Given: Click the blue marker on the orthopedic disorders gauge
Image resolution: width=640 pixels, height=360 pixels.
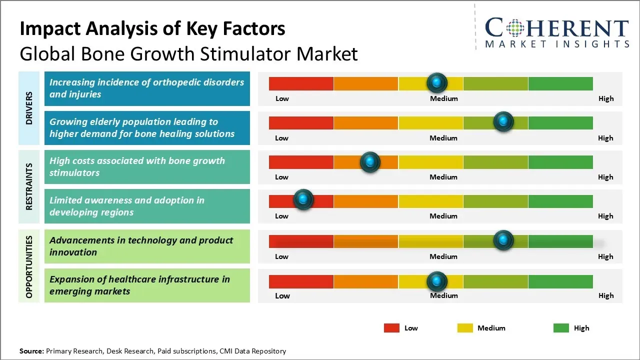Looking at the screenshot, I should coord(437,82).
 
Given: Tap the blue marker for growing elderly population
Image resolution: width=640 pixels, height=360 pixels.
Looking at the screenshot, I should coord(503,122).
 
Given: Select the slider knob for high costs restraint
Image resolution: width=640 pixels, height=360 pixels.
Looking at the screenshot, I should coord(370,161).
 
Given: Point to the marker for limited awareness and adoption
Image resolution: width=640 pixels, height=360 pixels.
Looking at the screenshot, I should coord(303,199).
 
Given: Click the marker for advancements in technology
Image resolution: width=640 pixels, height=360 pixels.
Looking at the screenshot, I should coord(503,240).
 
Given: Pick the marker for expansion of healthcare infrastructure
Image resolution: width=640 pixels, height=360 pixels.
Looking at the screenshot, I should coord(437,281).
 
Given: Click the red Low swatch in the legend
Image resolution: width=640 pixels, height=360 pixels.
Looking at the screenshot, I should coord(391,328).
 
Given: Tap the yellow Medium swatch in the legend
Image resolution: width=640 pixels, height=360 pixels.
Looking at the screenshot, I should coord(465,328).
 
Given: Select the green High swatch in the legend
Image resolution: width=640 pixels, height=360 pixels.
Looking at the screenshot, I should coord(561,328).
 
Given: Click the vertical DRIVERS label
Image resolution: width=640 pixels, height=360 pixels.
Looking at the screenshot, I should coord(29,108).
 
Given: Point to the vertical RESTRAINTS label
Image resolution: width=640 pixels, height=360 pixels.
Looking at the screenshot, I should coord(29,186).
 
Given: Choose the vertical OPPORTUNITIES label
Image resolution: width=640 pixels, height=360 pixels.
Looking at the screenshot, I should coord(29,266).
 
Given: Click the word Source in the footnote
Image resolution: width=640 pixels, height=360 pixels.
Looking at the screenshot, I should coord(31,351).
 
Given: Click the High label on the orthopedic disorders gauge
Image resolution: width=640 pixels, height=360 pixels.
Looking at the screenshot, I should coord(606,98).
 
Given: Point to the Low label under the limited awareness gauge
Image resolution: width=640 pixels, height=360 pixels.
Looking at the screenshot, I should coord(281,216).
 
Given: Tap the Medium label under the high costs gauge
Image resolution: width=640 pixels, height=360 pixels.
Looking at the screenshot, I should coord(443,177).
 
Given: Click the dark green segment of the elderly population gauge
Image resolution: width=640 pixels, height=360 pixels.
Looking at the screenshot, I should coord(560,122).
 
